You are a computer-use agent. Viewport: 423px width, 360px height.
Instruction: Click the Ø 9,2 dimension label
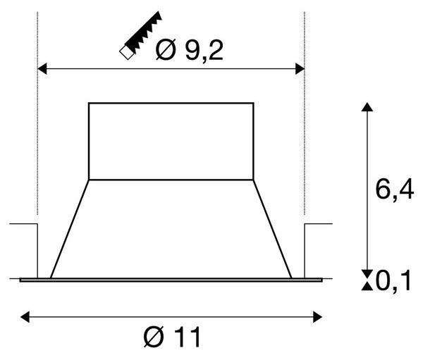(x=190, y=50)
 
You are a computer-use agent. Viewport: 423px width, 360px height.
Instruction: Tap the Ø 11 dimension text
(x=173, y=337)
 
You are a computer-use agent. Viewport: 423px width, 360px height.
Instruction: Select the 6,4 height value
(x=394, y=190)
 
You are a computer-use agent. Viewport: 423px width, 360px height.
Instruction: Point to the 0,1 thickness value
(x=393, y=281)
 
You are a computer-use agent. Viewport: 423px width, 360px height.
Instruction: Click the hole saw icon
(x=141, y=35)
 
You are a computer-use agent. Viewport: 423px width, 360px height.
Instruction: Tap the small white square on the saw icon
(x=127, y=53)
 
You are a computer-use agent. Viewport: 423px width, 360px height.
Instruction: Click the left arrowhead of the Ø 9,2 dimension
(x=42, y=69)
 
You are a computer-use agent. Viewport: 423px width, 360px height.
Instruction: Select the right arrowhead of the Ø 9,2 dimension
(x=300, y=69)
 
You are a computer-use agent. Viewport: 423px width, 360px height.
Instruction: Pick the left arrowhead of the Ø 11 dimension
(x=25, y=317)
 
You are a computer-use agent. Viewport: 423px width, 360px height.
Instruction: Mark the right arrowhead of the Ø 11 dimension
(x=317, y=317)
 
